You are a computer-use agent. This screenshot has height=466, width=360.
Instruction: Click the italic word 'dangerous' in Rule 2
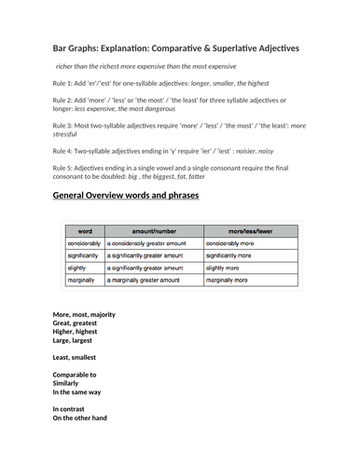point(155,112)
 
